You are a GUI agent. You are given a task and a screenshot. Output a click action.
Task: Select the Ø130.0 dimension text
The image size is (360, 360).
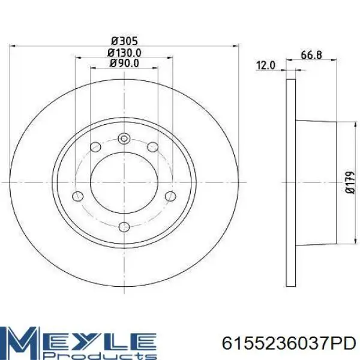pyautogui.click(x=124, y=53)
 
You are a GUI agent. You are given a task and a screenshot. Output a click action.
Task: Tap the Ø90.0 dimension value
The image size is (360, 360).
pyautogui.click(x=124, y=63)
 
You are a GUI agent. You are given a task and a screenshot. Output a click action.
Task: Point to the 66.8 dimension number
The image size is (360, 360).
pyautogui.click(x=311, y=55)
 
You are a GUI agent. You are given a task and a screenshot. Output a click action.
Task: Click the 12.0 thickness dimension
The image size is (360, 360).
pyautogui.click(x=265, y=65)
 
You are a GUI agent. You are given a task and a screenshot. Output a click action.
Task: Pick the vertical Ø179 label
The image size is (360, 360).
pyautogui.click(x=350, y=182)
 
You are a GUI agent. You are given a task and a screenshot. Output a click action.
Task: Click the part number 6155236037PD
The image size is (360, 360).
pyautogui.click(x=289, y=344)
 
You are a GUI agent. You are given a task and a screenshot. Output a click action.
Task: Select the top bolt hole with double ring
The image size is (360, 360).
pyautogui.click(x=124, y=139)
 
